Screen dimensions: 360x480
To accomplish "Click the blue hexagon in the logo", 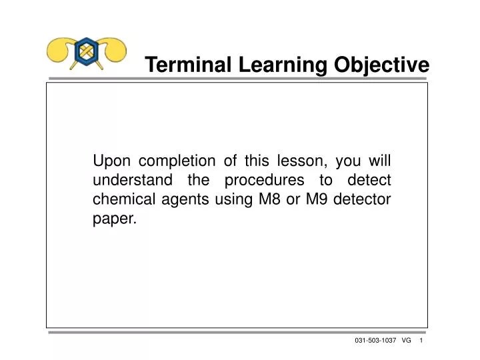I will pos(87,51).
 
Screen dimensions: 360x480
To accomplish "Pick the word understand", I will pos(131,180).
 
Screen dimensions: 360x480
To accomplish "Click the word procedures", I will pos(263,180).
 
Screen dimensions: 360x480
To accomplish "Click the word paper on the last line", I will pos(114,219).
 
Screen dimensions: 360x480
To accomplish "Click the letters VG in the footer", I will pos(407,341).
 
